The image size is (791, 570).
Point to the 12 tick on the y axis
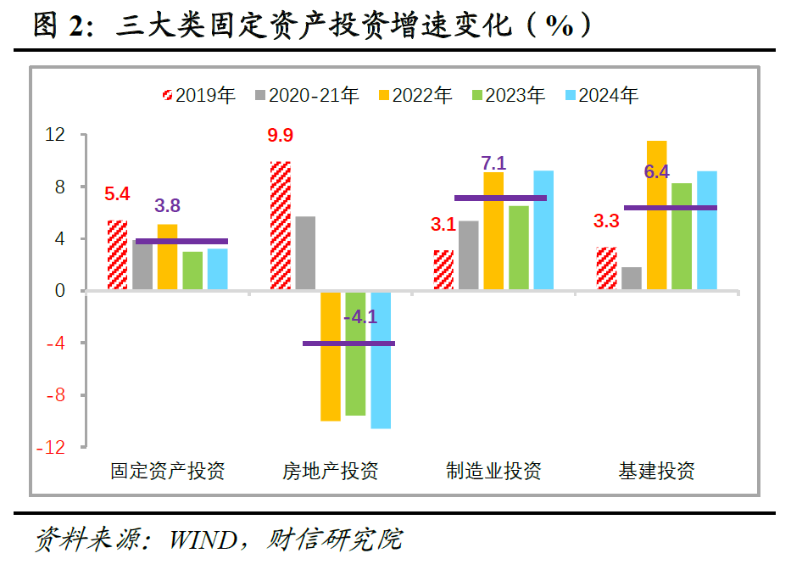click(x=55, y=135)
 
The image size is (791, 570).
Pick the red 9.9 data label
click(x=280, y=137)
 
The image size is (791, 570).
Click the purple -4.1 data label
click(x=360, y=318)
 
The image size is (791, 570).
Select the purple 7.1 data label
click(x=493, y=163)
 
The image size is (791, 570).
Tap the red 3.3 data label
click(x=607, y=222)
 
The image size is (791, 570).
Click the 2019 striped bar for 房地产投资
click(x=281, y=226)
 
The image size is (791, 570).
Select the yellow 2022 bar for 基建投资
click(x=657, y=215)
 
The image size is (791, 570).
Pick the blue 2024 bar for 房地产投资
click(x=381, y=360)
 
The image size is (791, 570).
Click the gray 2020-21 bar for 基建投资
click(x=632, y=279)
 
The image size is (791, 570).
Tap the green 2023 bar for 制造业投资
click(x=519, y=248)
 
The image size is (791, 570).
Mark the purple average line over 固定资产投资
click(x=181, y=241)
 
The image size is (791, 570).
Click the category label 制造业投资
click(x=493, y=471)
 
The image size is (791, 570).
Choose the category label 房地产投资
click(x=331, y=471)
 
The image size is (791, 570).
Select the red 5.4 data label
click(x=117, y=194)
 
